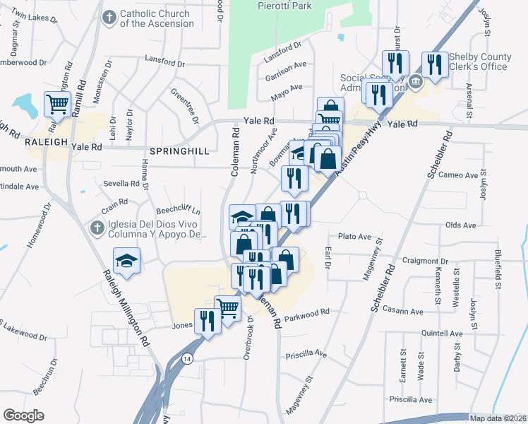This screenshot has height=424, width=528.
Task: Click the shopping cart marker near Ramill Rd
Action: click(57, 105)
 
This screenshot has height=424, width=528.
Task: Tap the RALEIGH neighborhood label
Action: click(46, 141)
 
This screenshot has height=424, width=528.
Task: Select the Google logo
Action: click(23, 416)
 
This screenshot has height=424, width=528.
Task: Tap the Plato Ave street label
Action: click(354, 236)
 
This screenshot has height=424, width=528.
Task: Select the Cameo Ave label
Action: click(458, 175)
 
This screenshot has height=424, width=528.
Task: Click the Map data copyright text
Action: click(498, 418)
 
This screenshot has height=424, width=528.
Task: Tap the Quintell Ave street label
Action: click(441, 333)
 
